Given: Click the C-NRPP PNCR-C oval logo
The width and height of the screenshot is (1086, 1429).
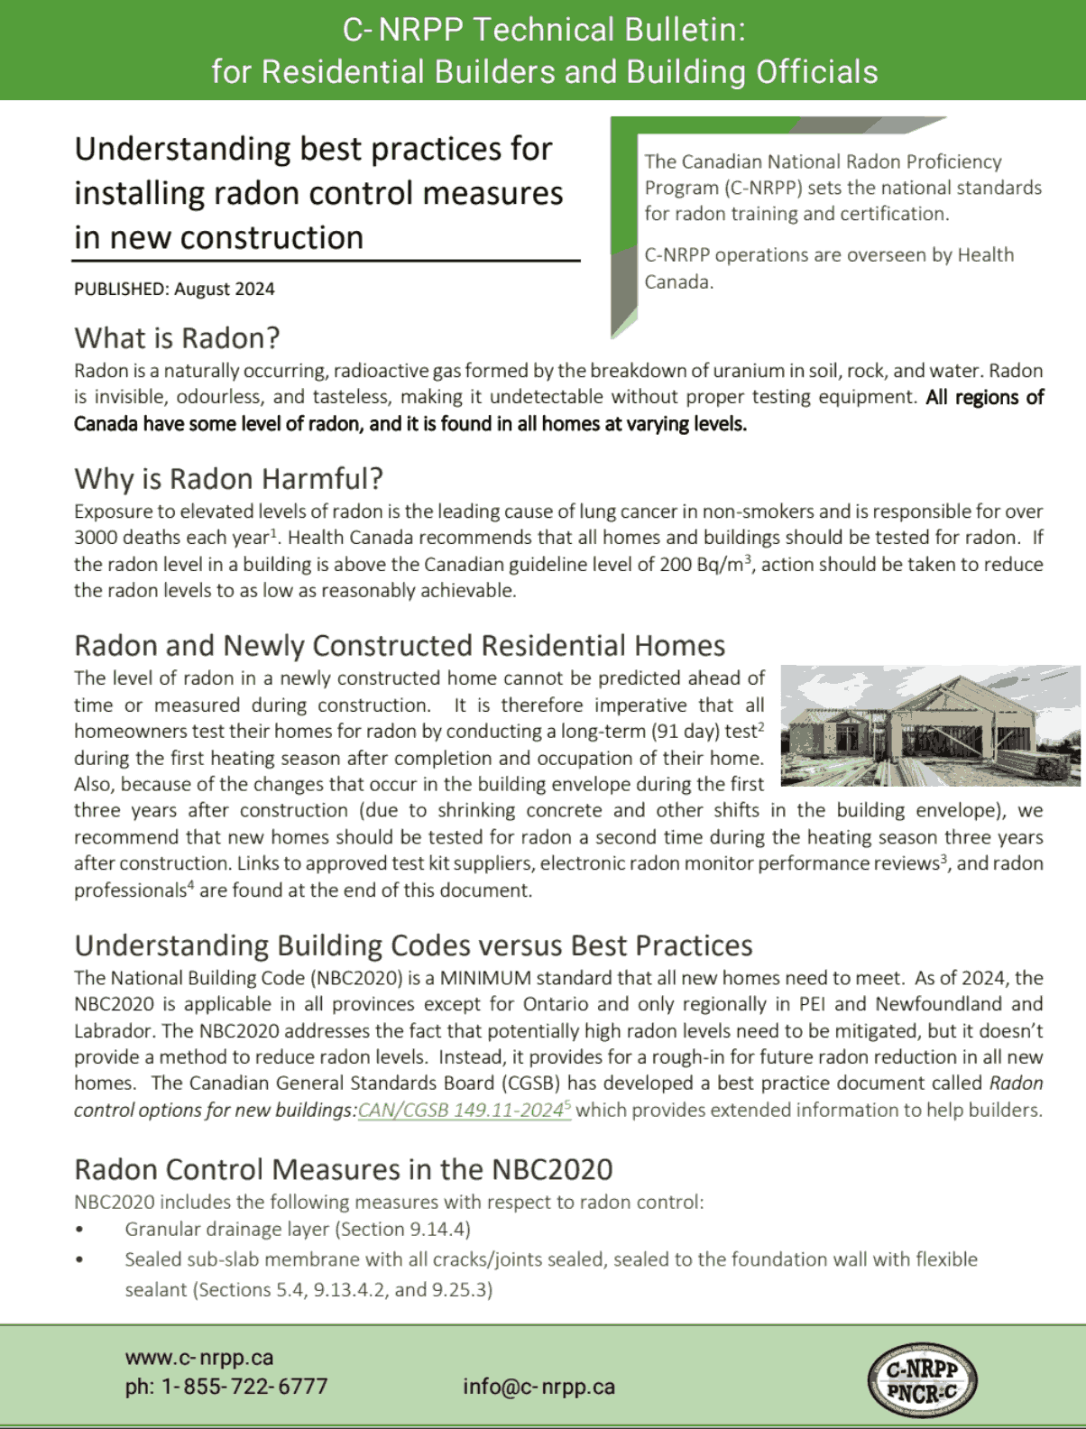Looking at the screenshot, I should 922,1380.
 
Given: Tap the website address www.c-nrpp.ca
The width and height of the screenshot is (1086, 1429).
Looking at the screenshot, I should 199,1357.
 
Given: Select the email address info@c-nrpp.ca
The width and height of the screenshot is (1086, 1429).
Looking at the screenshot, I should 538,1387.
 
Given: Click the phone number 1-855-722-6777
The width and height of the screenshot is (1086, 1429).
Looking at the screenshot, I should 244,1387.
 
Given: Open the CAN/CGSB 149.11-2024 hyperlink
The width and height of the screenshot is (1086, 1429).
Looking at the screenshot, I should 461,1111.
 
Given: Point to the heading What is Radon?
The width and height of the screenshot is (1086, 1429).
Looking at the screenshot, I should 177,338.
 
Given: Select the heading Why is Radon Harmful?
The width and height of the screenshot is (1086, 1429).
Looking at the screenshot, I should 228,478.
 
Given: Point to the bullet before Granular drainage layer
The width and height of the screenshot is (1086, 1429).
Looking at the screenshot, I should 80,1230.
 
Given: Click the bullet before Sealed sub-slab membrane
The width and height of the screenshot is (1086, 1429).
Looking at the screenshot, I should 80,1259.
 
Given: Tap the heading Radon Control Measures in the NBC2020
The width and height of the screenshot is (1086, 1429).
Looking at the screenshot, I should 343,1169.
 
